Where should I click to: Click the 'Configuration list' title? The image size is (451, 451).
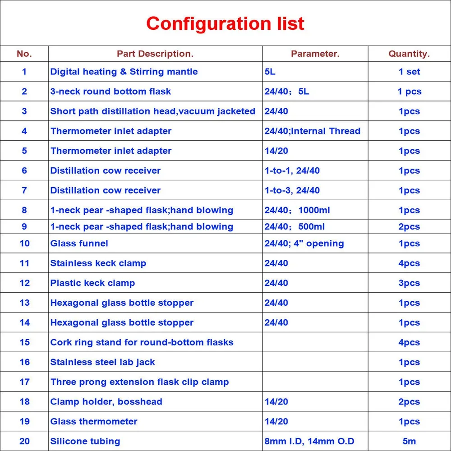pyautogui.click(x=225, y=23)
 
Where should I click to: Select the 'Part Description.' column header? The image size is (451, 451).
pyautogui.click(x=155, y=54)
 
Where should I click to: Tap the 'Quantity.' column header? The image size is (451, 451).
pyautogui.click(x=409, y=54)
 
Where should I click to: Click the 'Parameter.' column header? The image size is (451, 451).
pyautogui.click(x=315, y=54)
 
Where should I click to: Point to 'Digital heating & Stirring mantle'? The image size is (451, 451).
pyautogui.click(x=124, y=72)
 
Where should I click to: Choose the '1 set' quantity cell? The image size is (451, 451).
pyautogui.click(x=409, y=72)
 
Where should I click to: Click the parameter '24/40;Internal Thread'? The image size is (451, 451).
pyautogui.click(x=313, y=131)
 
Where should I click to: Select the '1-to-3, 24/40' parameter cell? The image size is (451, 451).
pyautogui.click(x=292, y=190)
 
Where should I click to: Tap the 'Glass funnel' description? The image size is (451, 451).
pyautogui.click(x=79, y=244)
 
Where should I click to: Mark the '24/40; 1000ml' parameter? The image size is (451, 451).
pyautogui.click(x=298, y=210)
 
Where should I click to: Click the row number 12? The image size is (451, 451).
pyautogui.click(x=24, y=283)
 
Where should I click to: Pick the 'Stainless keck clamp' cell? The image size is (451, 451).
pyautogui.click(x=98, y=263)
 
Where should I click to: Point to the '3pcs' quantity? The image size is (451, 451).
pyautogui.click(x=409, y=283)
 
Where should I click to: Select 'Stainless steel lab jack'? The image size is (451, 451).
pyautogui.click(x=103, y=362)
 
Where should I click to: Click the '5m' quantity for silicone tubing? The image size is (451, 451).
pyautogui.click(x=409, y=441)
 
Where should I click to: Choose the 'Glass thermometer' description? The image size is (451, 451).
pyautogui.click(x=94, y=422)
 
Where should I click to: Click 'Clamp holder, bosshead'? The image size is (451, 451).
pyautogui.click(x=106, y=402)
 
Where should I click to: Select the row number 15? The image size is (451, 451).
pyautogui.click(x=24, y=342)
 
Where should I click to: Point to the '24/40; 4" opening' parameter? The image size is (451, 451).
pyautogui.click(x=304, y=244)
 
